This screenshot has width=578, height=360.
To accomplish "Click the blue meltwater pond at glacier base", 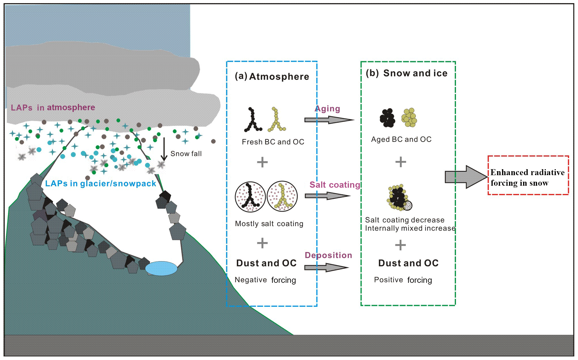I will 161,268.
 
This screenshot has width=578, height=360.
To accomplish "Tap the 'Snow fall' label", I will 186,154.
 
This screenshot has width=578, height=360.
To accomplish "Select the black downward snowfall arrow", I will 164,149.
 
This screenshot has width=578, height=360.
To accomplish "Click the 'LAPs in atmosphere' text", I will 53,108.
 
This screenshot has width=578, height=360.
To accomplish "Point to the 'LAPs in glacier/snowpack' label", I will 100,184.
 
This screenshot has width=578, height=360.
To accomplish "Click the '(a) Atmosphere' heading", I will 272,77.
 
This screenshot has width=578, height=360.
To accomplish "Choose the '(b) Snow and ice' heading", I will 406,73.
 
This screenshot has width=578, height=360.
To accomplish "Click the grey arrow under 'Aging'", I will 328,120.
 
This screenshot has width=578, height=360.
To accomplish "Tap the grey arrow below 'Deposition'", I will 326,267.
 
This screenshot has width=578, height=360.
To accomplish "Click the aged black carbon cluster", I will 387,118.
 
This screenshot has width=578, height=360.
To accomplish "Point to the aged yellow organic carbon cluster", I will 409,117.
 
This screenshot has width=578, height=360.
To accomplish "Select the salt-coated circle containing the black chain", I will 250,197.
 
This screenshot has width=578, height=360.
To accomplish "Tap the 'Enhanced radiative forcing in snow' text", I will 527,177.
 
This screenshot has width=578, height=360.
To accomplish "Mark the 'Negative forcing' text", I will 265,280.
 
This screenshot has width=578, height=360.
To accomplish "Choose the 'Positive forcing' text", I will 403,280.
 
